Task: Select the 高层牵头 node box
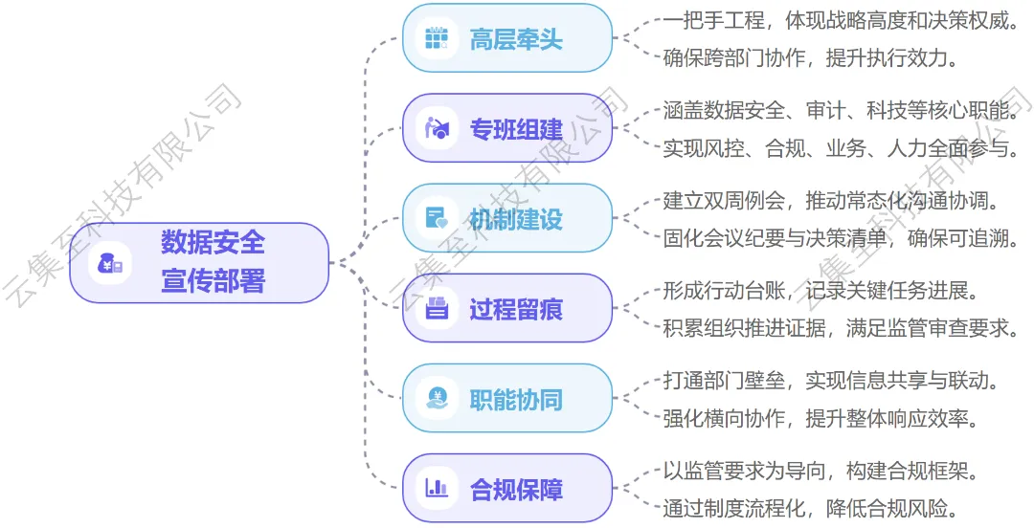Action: (x=506, y=38)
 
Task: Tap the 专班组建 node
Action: (x=506, y=128)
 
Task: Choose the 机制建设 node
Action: (x=506, y=218)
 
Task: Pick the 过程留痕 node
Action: (x=506, y=308)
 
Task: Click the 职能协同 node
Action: (x=506, y=398)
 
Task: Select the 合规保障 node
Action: (x=506, y=488)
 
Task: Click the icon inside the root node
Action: (x=109, y=263)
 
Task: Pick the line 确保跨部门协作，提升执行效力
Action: (x=812, y=57)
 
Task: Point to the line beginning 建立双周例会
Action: (x=831, y=201)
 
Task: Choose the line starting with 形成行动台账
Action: (x=821, y=291)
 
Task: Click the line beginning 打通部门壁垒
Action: (x=831, y=381)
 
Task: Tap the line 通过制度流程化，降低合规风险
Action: (x=812, y=508)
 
